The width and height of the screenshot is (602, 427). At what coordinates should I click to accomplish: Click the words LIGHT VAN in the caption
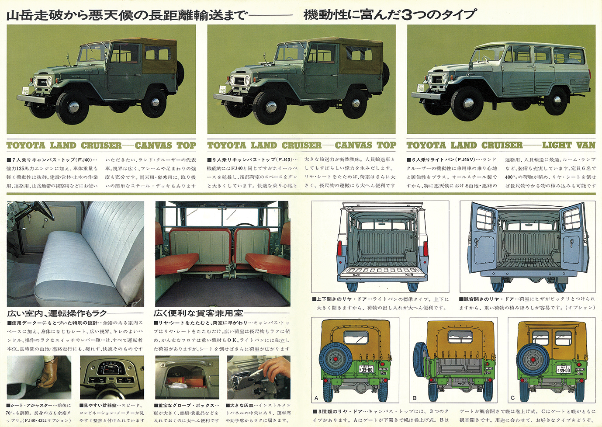(568, 146)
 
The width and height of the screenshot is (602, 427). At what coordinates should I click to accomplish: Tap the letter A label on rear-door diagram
(316, 398)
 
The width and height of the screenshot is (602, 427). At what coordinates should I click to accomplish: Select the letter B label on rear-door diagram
(415, 398)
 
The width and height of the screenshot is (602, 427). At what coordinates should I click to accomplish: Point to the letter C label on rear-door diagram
(513, 398)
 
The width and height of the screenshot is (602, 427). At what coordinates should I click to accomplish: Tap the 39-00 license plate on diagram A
(366, 370)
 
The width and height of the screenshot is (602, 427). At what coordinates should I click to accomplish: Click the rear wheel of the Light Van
(557, 101)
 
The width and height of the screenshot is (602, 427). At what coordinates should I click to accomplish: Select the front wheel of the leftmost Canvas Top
(72, 107)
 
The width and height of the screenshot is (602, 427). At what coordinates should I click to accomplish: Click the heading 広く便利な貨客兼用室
(198, 313)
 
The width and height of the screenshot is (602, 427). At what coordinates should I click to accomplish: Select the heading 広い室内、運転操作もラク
(57, 313)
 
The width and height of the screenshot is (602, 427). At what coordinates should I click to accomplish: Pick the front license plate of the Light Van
(421, 88)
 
